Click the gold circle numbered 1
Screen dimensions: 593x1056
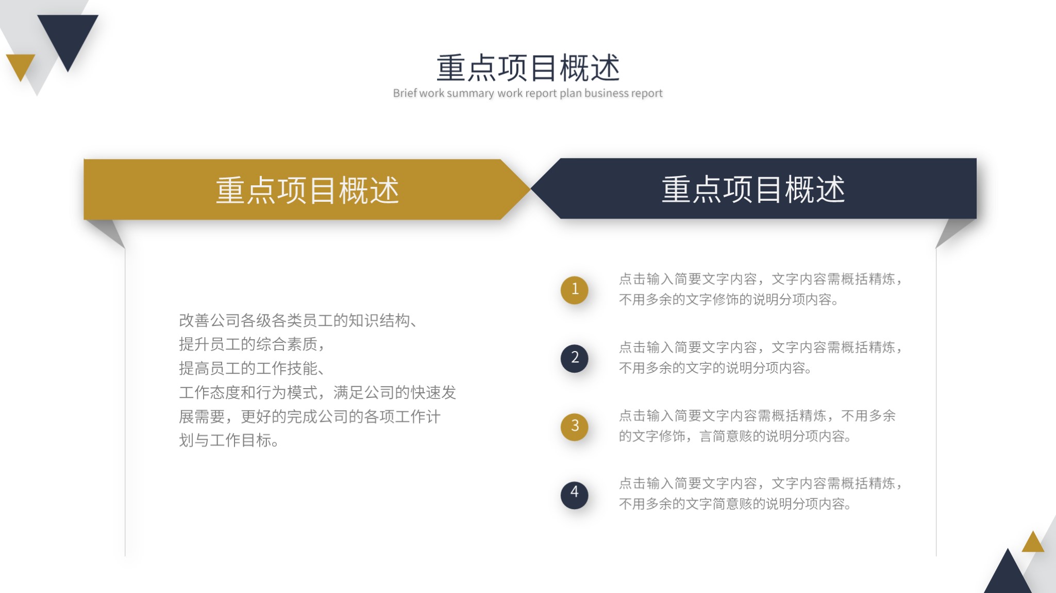pos(575,290)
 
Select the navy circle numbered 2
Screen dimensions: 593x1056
pos(575,358)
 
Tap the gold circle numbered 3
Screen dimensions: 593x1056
pos(575,426)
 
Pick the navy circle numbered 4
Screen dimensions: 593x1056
pos(575,494)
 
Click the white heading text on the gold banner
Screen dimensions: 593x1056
pos(307,190)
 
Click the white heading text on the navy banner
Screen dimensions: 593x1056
pos(753,189)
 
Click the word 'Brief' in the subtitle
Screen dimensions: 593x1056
pos(405,93)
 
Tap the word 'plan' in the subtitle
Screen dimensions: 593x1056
pos(571,94)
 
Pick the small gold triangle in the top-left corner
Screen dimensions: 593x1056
pos(21,65)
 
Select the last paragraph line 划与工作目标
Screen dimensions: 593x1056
pos(229,441)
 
